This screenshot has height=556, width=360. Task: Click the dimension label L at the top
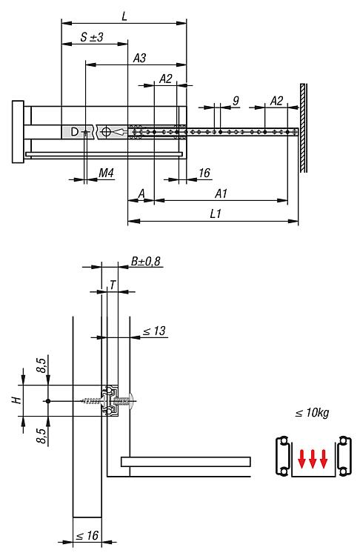[x=124, y=16]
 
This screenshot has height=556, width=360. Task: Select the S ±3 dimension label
[x=91, y=37]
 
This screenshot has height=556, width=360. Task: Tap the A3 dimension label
[x=139, y=58]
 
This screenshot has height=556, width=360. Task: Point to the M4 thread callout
[x=106, y=173]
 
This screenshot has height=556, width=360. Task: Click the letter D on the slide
[x=74, y=132]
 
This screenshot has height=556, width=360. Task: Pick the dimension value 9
[x=236, y=101]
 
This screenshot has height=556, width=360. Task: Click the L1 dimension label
[x=216, y=214]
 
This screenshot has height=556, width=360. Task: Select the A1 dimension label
[x=221, y=193]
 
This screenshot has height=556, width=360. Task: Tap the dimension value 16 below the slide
[x=204, y=173]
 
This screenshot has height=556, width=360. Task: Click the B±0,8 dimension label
[x=146, y=262]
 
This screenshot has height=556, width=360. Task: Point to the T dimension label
[x=113, y=285]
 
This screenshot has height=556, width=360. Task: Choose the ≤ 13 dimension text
[x=154, y=331]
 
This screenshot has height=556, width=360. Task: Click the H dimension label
[x=16, y=400]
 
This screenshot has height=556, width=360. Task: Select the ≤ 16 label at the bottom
[x=87, y=535]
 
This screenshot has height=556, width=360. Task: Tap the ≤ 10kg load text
[x=312, y=413]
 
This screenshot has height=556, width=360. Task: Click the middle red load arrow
[x=313, y=459]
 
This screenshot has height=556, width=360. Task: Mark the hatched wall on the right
[x=303, y=128]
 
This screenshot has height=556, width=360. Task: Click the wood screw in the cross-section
[x=93, y=401]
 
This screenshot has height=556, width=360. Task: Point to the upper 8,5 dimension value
[x=41, y=365]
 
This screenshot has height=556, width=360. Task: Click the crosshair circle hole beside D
[x=106, y=132]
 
